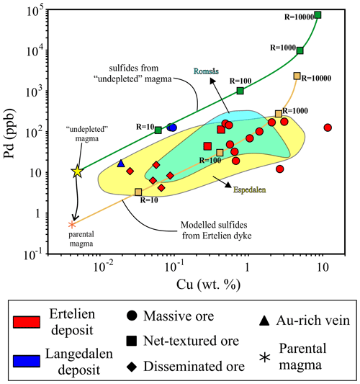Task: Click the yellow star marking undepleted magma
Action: (x=78, y=171)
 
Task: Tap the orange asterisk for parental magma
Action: (x=71, y=225)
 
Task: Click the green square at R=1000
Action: (x=300, y=50)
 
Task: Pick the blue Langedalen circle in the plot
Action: (x=172, y=128)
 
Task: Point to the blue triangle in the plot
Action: (x=121, y=164)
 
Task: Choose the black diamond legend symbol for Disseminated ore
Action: (x=133, y=366)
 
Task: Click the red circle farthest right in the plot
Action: (x=328, y=128)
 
